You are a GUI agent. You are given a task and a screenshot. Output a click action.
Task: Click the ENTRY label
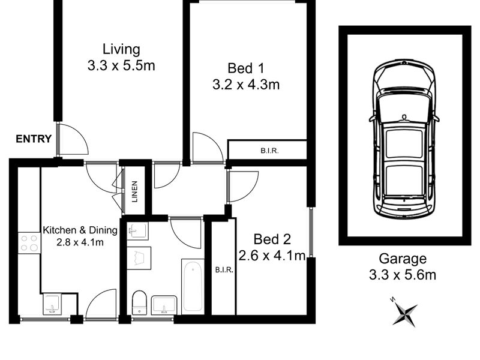(34, 139)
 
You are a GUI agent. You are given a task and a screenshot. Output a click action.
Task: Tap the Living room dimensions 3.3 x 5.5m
(121, 65)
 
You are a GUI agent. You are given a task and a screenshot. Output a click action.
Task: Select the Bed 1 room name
(246, 68)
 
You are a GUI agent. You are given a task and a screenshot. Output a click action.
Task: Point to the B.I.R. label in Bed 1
(269, 151)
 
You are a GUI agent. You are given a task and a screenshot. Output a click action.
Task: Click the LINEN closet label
(134, 191)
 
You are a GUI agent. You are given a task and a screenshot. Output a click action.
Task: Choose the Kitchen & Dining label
(80, 230)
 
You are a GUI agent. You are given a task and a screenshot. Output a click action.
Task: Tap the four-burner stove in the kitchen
(29, 243)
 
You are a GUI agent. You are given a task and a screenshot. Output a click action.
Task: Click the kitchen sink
(52, 304)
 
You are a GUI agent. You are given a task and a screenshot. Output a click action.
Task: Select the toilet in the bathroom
(139, 302)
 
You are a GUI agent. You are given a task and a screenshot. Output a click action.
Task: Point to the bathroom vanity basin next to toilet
(164, 305)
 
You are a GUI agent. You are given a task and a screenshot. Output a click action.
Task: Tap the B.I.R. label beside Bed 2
(224, 270)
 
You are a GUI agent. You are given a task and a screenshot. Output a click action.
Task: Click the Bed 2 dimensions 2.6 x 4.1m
(272, 256)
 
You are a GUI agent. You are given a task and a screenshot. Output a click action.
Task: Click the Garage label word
(403, 259)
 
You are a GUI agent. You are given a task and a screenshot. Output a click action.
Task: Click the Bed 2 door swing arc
(251, 191)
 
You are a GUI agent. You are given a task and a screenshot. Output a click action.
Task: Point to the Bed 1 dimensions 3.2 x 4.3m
(246, 84)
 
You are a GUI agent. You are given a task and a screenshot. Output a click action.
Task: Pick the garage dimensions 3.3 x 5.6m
(403, 275)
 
